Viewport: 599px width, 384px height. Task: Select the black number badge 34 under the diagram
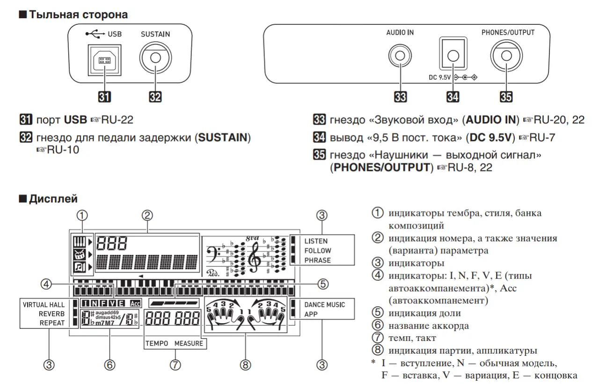pyautogui.click(x=453, y=96)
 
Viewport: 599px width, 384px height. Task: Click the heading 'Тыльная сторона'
pyautogui.click(x=78, y=15)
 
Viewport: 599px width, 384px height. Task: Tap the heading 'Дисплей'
pyautogui.click(x=53, y=199)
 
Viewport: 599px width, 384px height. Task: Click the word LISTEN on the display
pyautogui.click(x=316, y=241)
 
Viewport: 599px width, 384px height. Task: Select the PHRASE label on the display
pyautogui.click(x=317, y=260)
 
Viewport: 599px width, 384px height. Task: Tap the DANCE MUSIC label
pyautogui.click(x=324, y=304)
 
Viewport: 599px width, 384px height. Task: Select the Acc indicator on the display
pyautogui.click(x=136, y=303)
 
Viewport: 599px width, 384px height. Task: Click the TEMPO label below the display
pyautogui.click(x=156, y=343)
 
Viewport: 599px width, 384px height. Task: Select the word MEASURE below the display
pyautogui.click(x=189, y=343)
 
